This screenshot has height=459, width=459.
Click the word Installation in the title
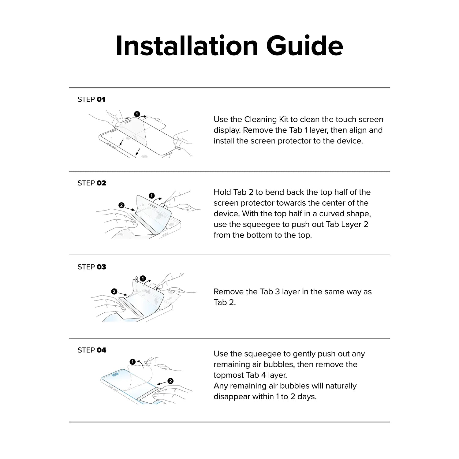187,46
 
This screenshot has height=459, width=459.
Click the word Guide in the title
304,46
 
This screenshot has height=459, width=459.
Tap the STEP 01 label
91,99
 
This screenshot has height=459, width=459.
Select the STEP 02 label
92,183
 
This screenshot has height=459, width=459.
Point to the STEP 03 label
92,267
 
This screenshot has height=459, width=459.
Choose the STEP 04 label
92,350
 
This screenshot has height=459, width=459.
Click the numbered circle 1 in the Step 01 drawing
137,114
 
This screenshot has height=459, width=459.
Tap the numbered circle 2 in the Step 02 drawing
121,205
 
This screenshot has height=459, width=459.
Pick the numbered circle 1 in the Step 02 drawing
151,196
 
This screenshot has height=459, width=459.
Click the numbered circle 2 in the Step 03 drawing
114,291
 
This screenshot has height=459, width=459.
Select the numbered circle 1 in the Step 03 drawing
143,278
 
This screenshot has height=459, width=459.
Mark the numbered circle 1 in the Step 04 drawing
132,362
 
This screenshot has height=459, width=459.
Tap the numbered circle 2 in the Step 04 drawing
170,381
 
